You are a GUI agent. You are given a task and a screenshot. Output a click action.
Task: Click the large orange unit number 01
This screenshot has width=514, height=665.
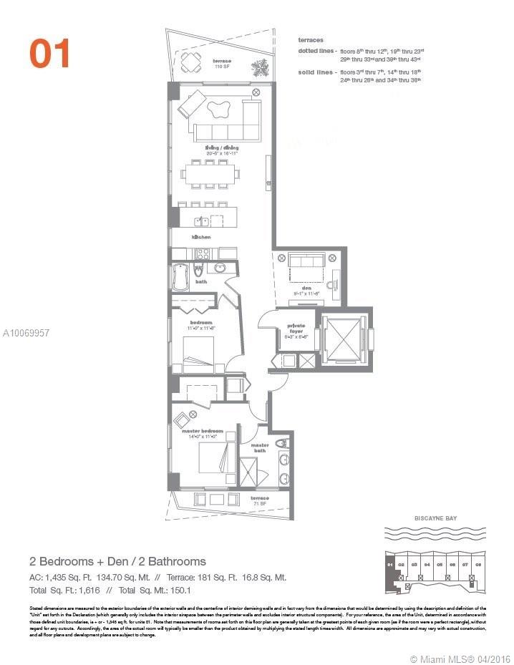50,54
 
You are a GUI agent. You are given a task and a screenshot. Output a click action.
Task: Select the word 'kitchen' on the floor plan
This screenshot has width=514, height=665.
200,236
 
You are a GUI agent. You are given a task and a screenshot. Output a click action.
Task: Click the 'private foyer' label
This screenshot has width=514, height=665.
296,331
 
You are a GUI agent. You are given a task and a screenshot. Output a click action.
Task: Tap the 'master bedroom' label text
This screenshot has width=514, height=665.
202,431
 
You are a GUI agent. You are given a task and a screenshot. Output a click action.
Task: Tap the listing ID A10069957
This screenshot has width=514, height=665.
26,334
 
